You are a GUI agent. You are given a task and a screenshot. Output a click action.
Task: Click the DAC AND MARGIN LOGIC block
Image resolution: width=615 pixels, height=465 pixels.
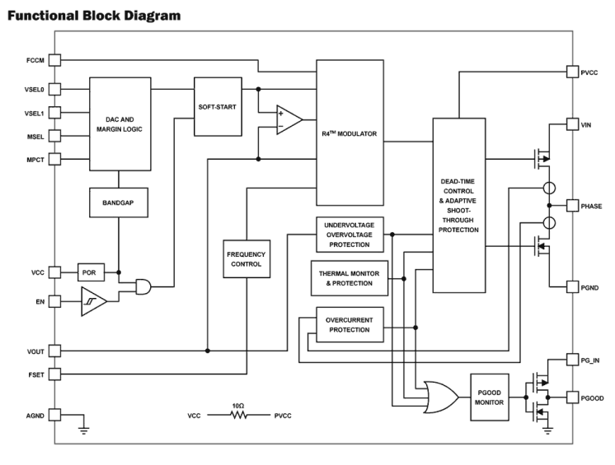click(x=120, y=124)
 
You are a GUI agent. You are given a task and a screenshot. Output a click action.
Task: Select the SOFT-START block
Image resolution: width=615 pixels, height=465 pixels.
click(x=217, y=107)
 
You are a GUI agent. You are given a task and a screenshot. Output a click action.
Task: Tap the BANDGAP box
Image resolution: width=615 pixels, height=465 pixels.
click(x=120, y=202)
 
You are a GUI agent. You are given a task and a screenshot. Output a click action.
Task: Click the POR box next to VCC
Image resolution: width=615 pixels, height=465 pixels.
click(x=90, y=272)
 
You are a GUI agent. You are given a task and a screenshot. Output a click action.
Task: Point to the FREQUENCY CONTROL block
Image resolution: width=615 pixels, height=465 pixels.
click(x=245, y=258)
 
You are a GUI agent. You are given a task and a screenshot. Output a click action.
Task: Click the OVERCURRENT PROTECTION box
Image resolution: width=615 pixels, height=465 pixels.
click(x=349, y=323)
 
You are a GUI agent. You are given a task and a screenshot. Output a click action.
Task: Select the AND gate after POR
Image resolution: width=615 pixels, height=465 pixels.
click(x=145, y=286)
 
